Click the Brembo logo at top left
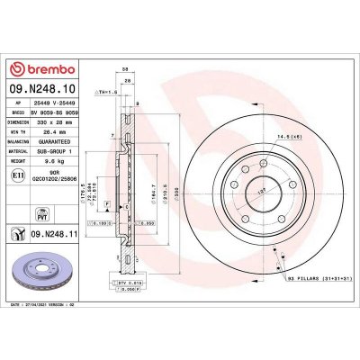(x=36, y=69)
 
